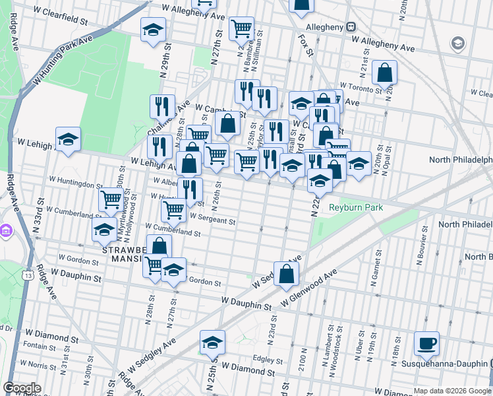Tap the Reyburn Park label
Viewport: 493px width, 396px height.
[357, 207]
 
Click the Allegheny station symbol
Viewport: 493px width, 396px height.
[351, 27]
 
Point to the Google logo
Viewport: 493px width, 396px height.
[22, 388]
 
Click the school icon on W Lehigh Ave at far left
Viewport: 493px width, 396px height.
[68, 139]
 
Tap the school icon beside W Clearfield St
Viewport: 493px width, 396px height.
[153, 29]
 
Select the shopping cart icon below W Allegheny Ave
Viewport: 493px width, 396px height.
[242, 28]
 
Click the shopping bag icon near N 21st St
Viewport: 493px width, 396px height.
[384, 73]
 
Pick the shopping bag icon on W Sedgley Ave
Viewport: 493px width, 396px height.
[286, 274]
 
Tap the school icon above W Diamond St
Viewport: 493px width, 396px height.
[213, 343]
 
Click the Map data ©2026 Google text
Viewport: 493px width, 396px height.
[451, 391]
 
